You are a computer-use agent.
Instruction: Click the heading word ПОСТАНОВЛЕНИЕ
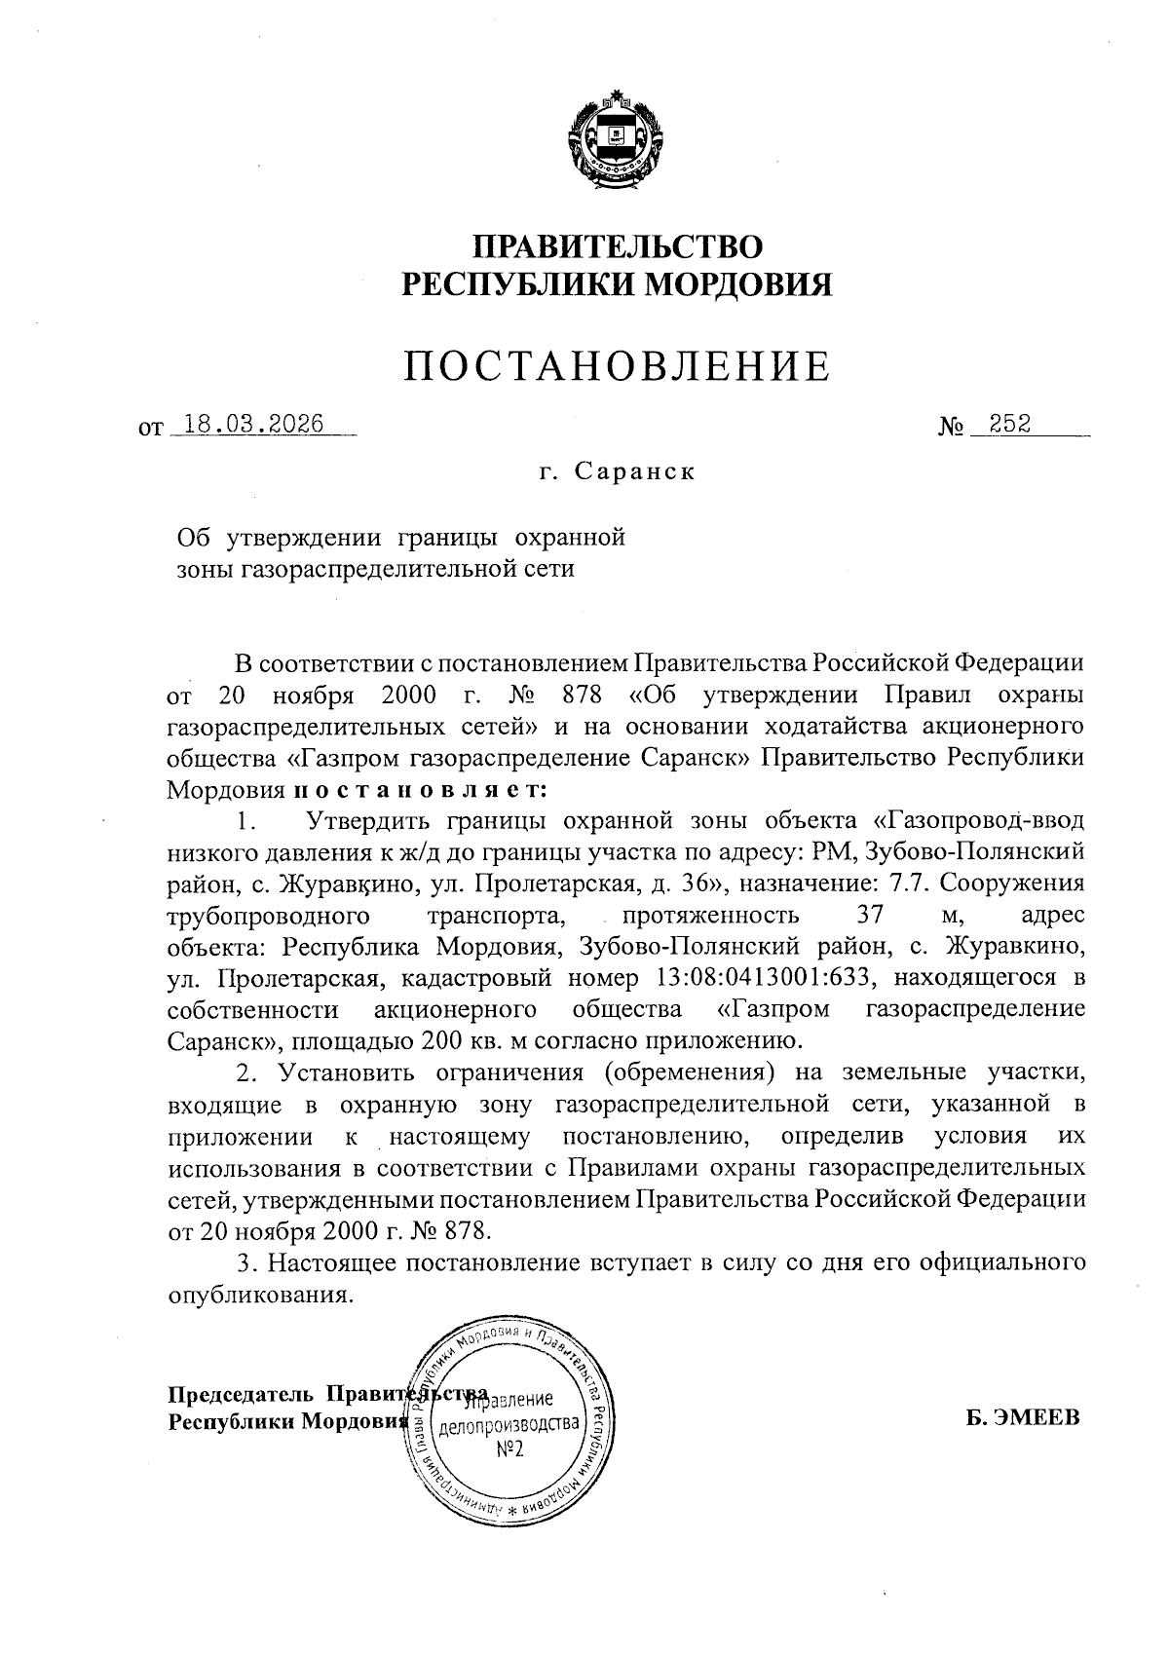[x=617, y=365]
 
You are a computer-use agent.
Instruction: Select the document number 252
[x=1009, y=425]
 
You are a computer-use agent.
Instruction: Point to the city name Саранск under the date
[x=634, y=472]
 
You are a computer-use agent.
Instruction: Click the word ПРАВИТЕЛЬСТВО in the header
[x=618, y=245]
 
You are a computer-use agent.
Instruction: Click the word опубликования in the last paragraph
[x=258, y=1295]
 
